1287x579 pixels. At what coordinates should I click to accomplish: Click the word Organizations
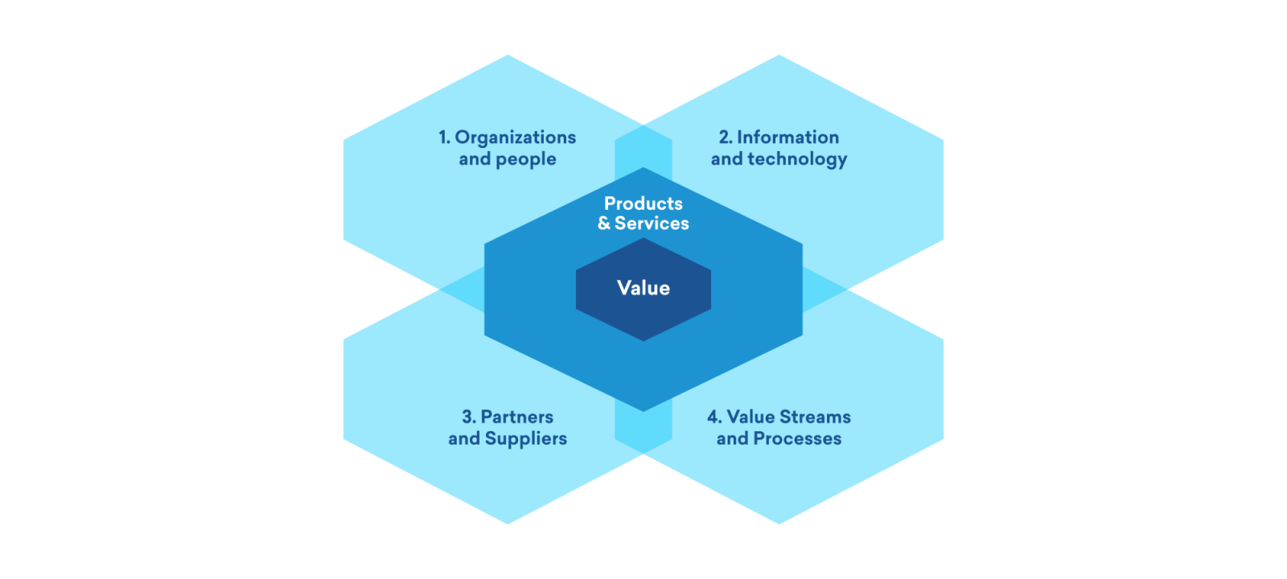tap(516, 138)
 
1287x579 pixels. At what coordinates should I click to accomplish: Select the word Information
tap(787, 138)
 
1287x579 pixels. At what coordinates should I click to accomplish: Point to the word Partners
tap(517, 417)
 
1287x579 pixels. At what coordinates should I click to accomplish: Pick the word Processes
tap(797, 439)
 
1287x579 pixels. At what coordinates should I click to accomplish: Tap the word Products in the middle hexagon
tap(643, 203)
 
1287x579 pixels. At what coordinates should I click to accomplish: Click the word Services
tap(652, 224)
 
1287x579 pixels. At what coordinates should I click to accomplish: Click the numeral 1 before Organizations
tap(443, 138)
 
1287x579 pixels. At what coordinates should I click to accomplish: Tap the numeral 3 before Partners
tap(467, 417)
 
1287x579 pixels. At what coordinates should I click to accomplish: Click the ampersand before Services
tap(604, 224)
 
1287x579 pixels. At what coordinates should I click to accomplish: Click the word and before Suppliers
tap(464, 439)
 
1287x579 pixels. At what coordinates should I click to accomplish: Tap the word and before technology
tap(726, 159)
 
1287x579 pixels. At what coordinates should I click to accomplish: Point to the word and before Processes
tap(732, 439)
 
